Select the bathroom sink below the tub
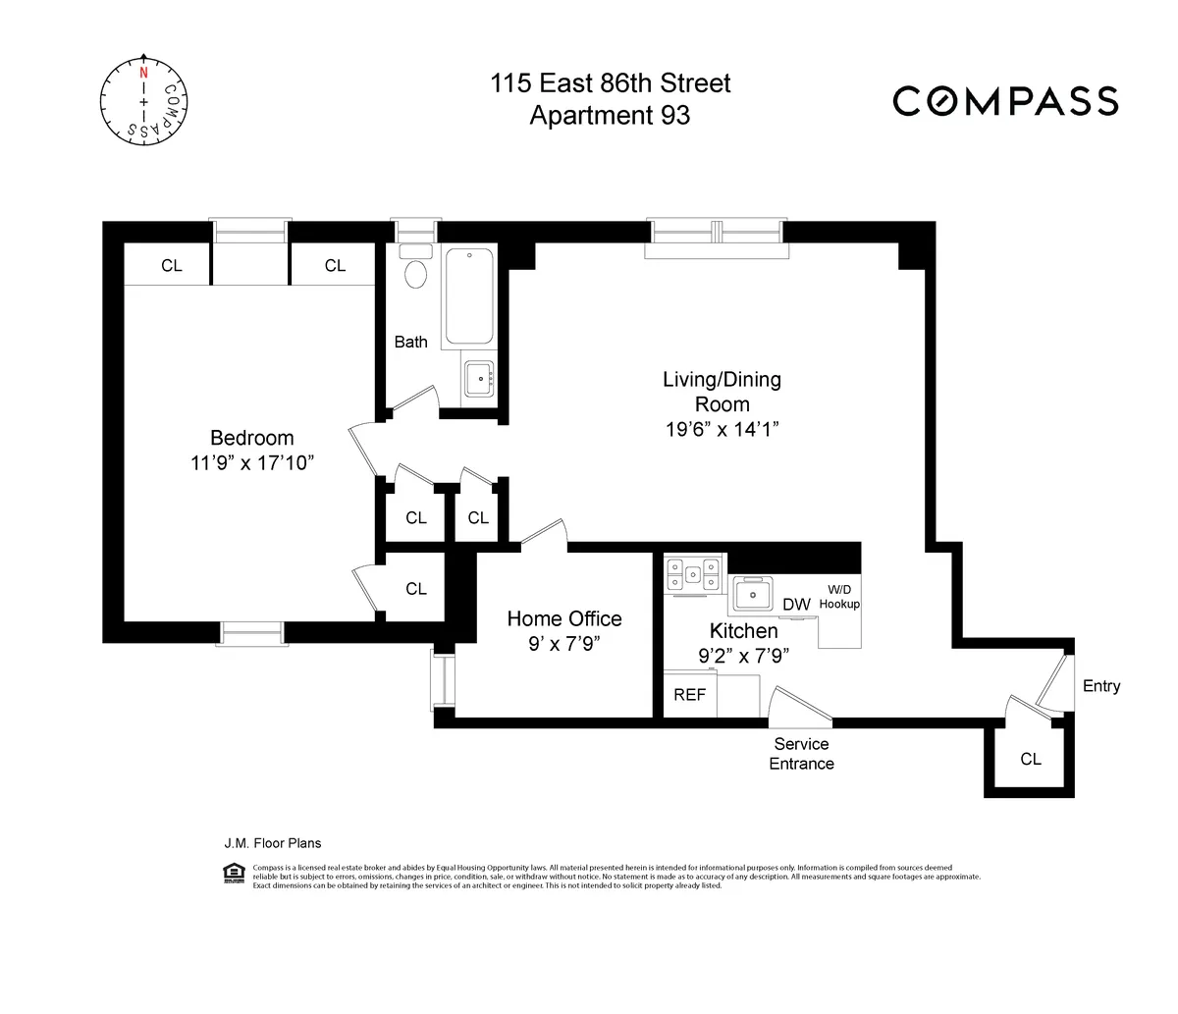(x=480, y=378)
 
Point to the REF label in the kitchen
(x=689, y=695)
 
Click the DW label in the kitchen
(x=796, y=605)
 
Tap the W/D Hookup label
(x=839, y=597)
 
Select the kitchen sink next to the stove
(x=754, y=594)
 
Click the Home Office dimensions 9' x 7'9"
(x=564, y=644)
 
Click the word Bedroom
(x=252, y=438)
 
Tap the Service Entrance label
(x=801, y=754)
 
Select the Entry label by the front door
(x=1100, y=686)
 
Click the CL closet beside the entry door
(x=1030, y=759)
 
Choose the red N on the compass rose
(x=144, y=73)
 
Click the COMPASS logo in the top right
(x=1005, y=101)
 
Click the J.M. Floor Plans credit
(x=273, y=843)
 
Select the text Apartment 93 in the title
(x=610, y=116)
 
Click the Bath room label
(x=411, y=342)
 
